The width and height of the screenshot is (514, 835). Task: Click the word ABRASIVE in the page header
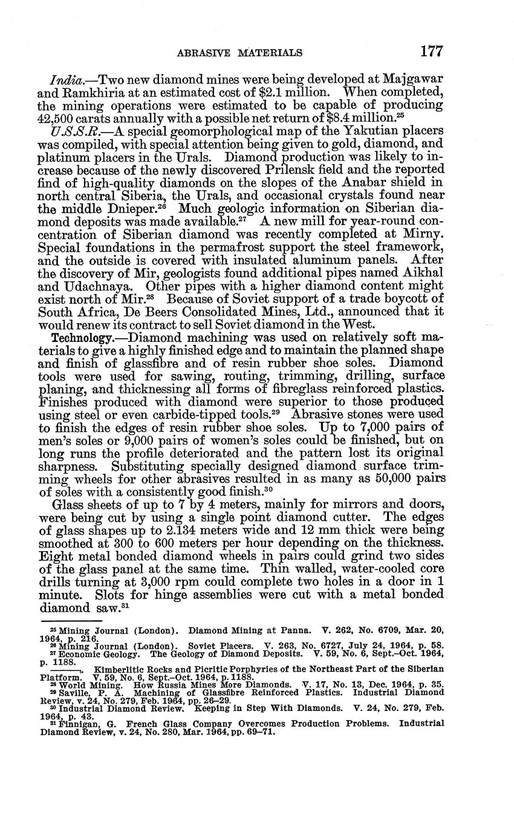(201, 53)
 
